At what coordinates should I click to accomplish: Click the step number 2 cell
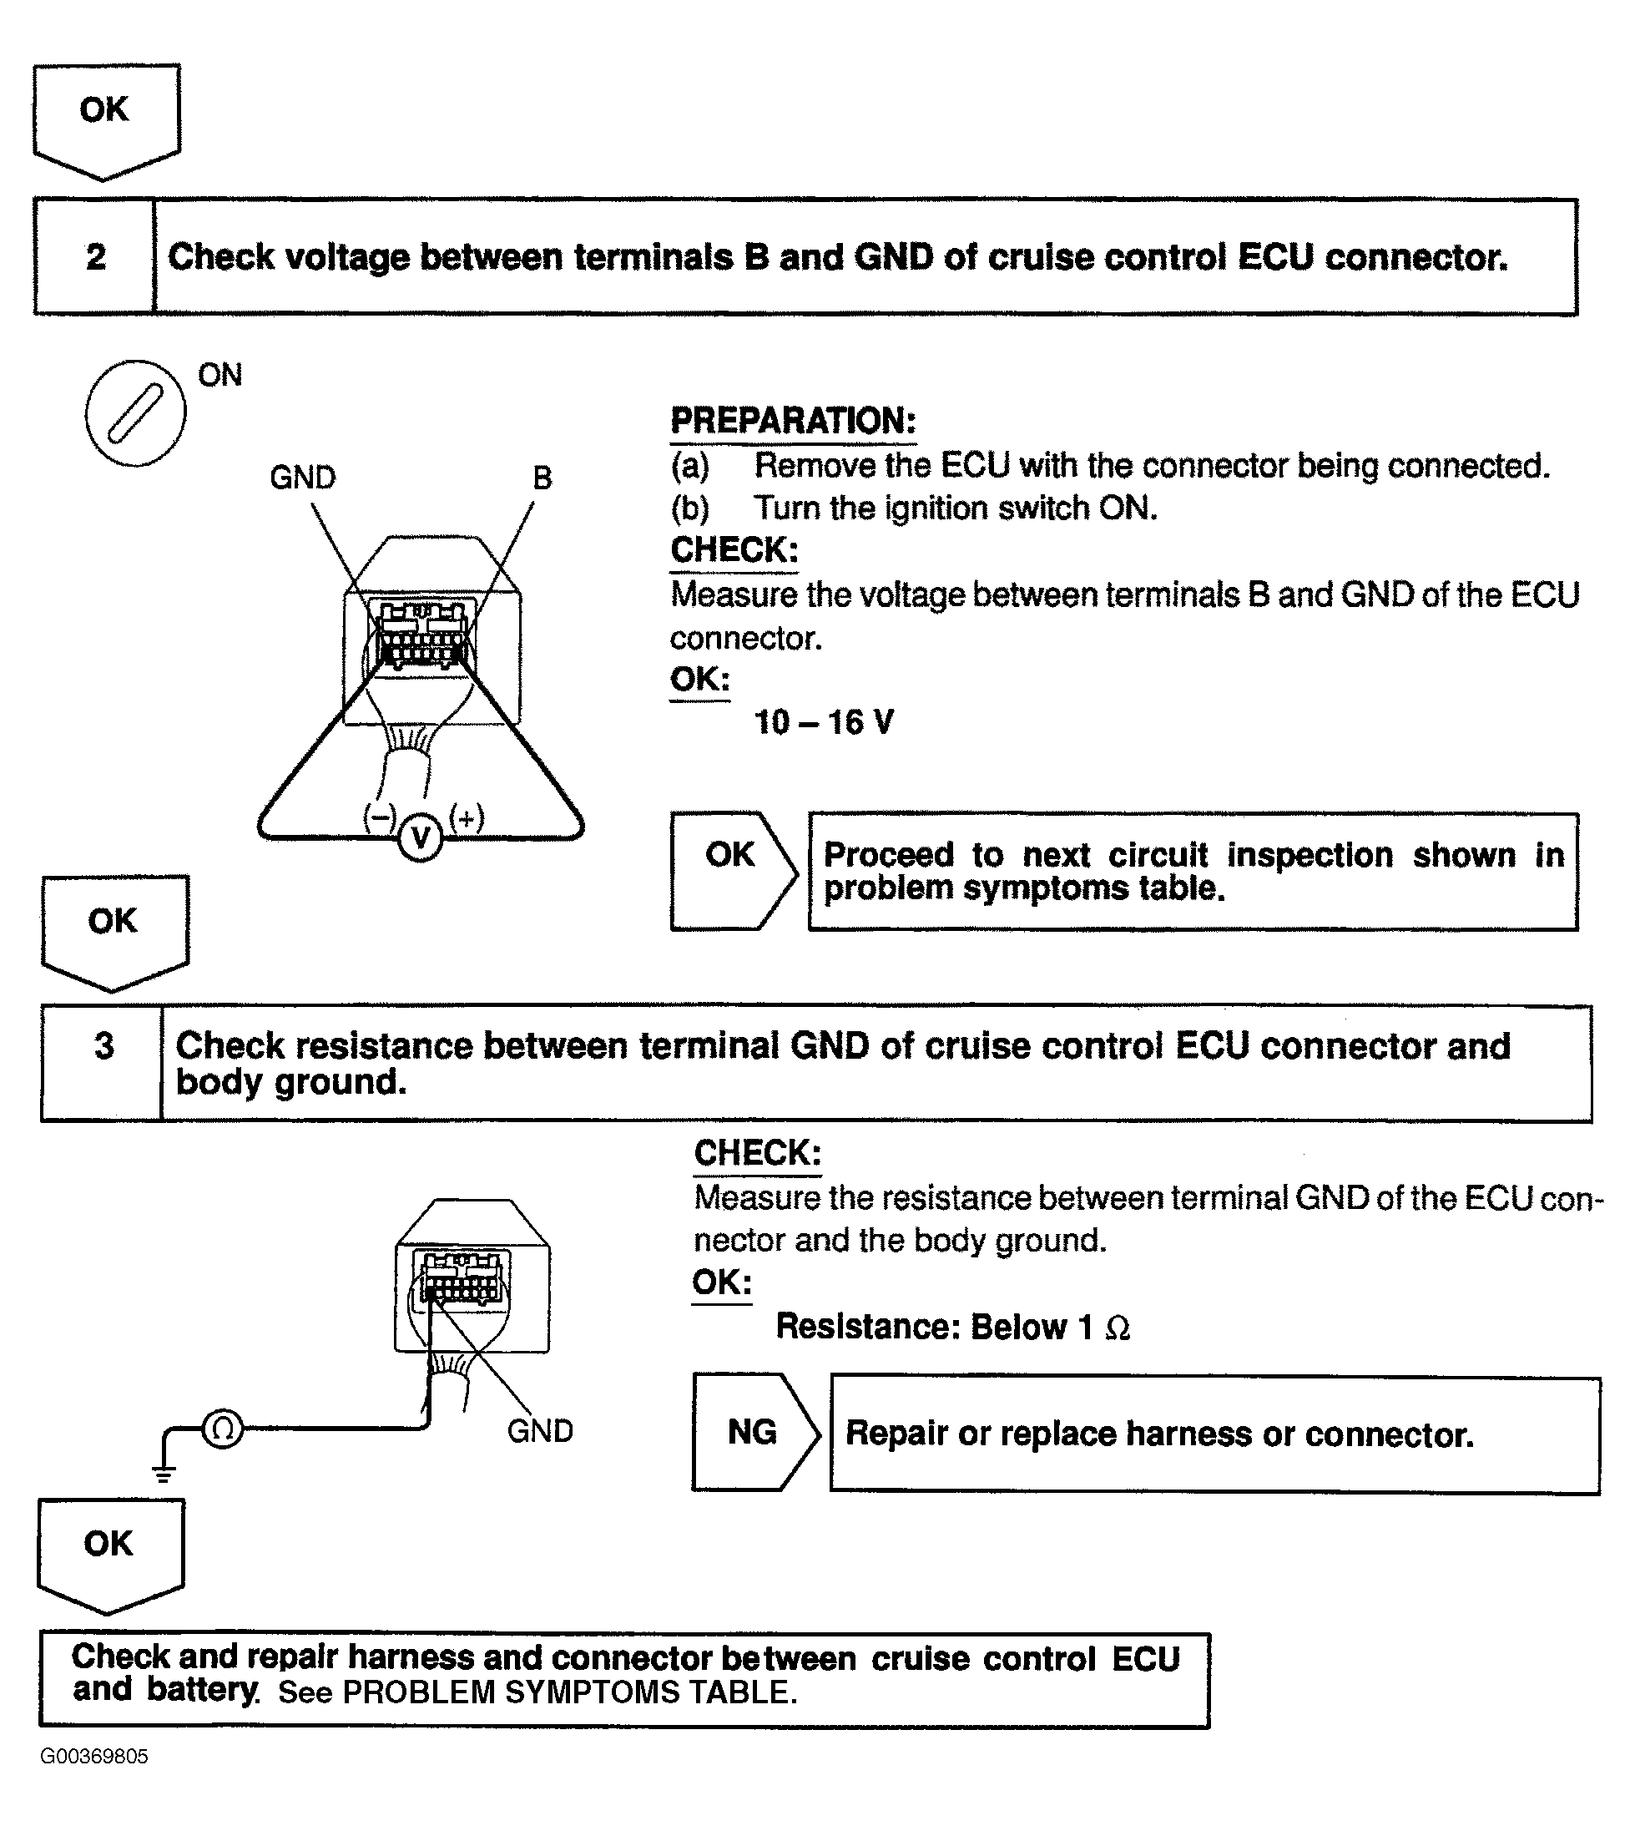(94, 257)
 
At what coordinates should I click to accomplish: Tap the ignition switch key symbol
(136, 413)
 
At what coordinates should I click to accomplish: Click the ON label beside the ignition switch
(220, 375)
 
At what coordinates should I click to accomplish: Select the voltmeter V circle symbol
(420, 837)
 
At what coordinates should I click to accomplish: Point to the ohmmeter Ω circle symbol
(223, 1428)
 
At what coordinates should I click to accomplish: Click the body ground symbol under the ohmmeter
(164, 1473)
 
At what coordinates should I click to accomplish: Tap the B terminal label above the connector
(542, 478)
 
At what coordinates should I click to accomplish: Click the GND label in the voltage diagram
(303, 478)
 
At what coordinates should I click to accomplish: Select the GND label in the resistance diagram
(540, 1430)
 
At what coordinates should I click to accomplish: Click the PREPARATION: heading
(793, 421)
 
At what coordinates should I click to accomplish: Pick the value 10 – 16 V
(824, 722)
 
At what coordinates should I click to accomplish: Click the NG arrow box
(754, 1433)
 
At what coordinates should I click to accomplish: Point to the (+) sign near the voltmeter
(467, 817)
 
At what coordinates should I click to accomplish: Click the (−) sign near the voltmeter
(379, 817)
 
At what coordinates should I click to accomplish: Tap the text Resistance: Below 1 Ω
(952, 1328)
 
